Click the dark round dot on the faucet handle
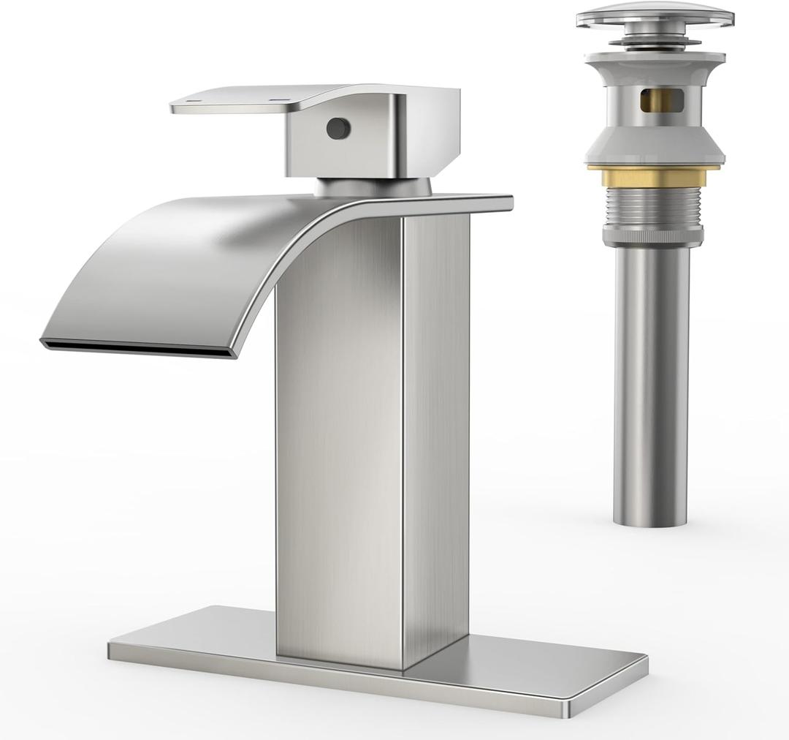pos(338,129)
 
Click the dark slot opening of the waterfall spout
pos(139,350)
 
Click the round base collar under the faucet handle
pos(373,186)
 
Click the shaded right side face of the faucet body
pos(436,439)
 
